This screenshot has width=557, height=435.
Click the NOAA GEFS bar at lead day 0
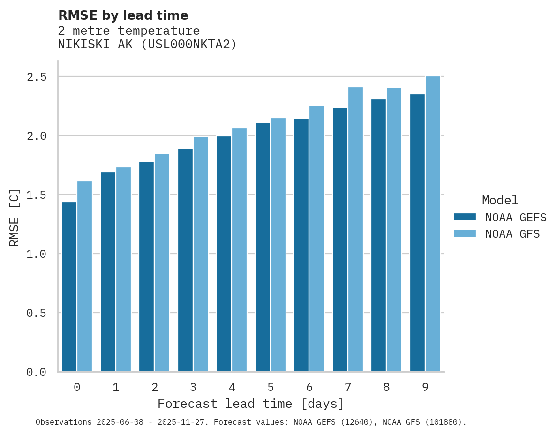[x=69, y=286]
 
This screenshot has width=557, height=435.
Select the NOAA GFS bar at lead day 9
[x=433, y=224]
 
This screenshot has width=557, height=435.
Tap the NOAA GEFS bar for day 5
[x=263, y=247]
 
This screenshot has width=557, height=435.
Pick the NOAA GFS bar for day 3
[x=201, y=254]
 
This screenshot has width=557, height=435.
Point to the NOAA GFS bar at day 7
[x=355, y=229]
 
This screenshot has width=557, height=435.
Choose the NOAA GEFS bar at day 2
[x=146, y=266]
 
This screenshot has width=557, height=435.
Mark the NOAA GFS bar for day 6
[x=316, y=239]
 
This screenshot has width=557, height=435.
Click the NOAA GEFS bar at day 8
[x=378, y=235]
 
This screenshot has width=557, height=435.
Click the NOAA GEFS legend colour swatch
[x=465, y=217]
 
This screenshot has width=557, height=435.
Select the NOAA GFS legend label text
[x=512, y=234]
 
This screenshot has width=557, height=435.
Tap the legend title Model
[x=500, y=200]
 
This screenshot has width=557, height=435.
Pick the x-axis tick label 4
[x=232, y=387]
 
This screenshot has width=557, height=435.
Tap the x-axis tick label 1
[x=116, y=387]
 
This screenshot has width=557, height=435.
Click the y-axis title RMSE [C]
[x=15, y=217]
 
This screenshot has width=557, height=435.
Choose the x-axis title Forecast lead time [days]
[x=251, y=404]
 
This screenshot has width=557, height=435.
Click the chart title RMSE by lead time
[x=123, y=15]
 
